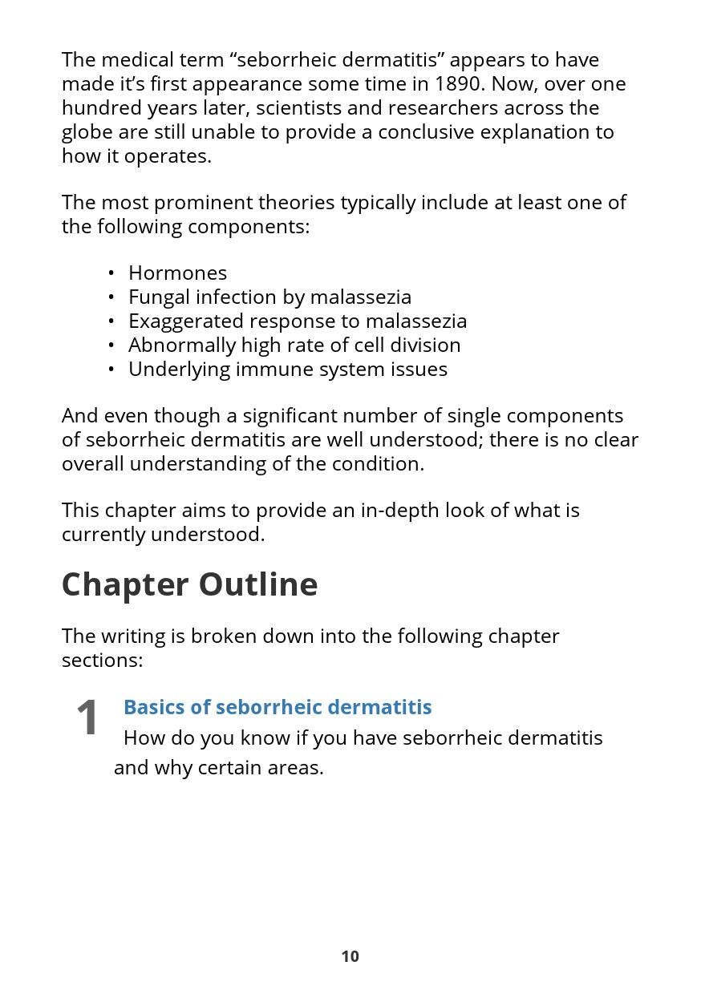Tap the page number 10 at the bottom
(x=350, y=956)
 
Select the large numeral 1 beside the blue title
(x=87, y=717)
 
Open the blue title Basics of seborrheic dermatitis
(x=278, y=707)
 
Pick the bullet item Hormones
(x=177, y=273)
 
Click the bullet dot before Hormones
(x=111, y=273)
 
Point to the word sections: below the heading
(x=102, y=661)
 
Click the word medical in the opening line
(x=137, y=60)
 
